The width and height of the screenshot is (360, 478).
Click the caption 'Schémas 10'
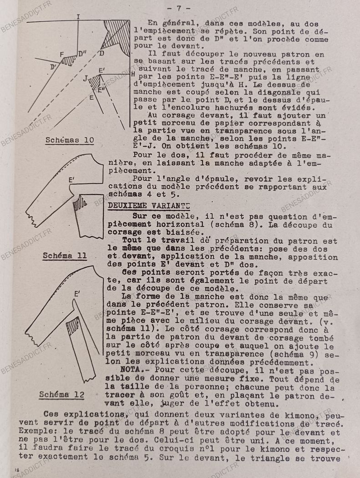click(x=70, y=140)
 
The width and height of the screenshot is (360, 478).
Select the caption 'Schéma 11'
click(x=65, y=255)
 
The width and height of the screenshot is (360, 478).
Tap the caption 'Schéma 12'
click(x=61, y=394)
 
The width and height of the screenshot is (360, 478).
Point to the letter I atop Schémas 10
click(x=78, y=17)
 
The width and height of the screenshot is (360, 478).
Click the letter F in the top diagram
click(x=62, y=55)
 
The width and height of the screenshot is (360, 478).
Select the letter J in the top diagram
click(x=85, y=78)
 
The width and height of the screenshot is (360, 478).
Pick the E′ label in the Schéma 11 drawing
click(x=71, y=180)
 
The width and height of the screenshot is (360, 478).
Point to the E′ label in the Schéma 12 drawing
click(x=78, y=295)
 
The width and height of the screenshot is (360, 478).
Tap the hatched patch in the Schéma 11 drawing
click(x=81, y=203)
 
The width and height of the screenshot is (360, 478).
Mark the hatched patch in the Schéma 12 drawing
click(x=73, y=326)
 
